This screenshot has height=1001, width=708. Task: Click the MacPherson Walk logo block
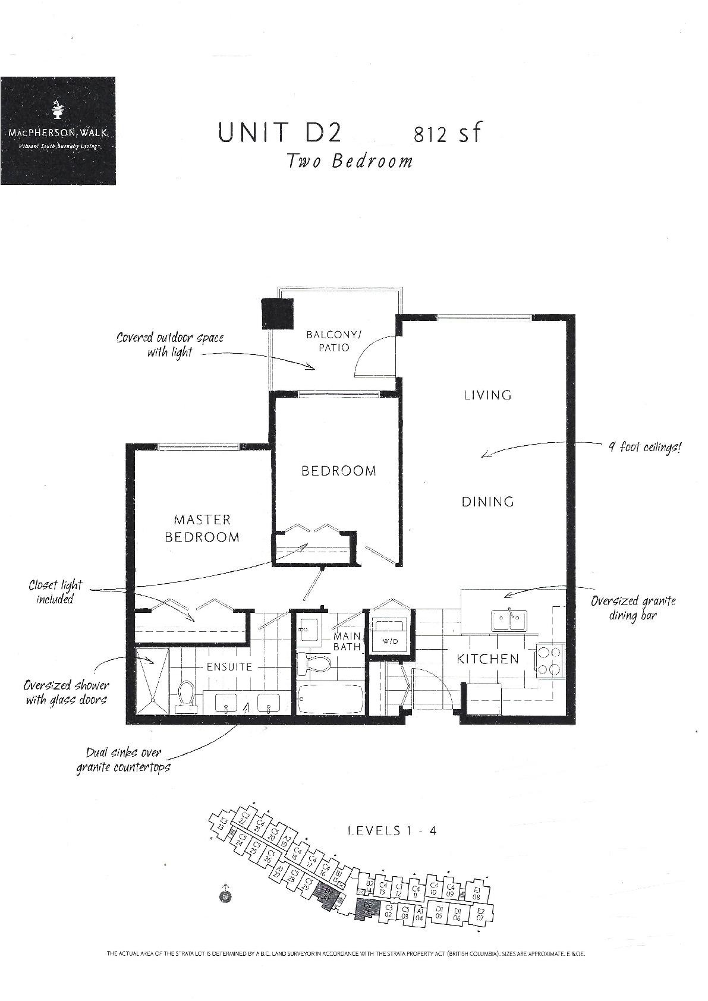pyautogui.click(x=58, y=131)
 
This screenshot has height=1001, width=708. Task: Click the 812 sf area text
pyautogui.click(x=446, y=134)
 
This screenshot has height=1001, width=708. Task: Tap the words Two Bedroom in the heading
pyautogui.click(x=349, y=161)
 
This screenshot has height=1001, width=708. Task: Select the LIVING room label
pyautogui.click(x=487, y=395)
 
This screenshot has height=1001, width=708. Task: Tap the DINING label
pyautogui.click(x=487, y=502)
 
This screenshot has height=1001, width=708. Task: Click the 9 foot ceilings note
pyautogui.click(x=644, y=447)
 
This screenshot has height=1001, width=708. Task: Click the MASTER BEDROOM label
pyautogui.click(x=202, y=528)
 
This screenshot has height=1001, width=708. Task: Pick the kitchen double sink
pyautogui.click(x=508, y=621)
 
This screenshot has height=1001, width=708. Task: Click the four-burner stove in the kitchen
pyautogui.click(x=549, y=661)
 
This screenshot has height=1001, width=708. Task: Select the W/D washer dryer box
pyautogui.click(x=389, y=634)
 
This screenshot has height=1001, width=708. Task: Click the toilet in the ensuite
pyautogui.click(x=187, y=697)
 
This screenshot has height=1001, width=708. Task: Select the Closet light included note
pyautogui.click(x=55, y=592)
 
